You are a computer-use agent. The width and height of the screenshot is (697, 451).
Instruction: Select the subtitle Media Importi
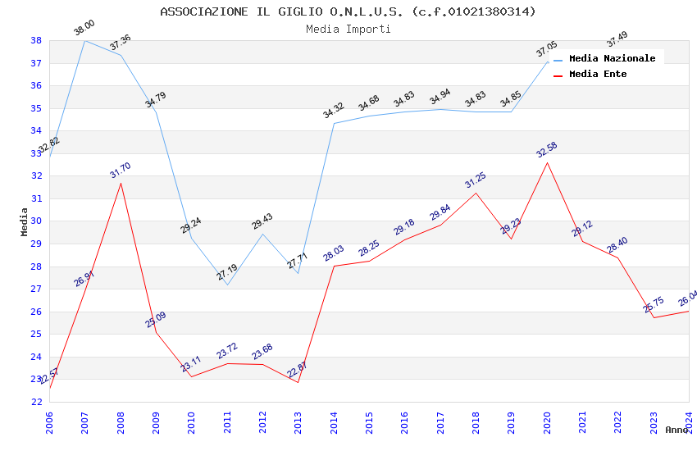[348, 30]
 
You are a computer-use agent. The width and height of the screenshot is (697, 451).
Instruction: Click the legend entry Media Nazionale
[612, 59]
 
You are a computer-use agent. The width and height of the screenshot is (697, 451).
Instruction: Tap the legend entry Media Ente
[598, 75]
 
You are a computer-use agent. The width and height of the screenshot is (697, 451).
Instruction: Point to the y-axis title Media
[25, 221]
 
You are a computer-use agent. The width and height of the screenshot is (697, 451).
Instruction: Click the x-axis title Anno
[676, 430]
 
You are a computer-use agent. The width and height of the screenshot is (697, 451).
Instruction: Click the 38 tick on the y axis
[36, 40]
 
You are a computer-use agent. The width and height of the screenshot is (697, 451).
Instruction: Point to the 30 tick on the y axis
[36, 221]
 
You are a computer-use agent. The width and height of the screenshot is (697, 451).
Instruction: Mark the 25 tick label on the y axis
[36, 335]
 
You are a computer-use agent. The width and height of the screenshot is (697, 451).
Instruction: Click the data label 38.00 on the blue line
[84, 29]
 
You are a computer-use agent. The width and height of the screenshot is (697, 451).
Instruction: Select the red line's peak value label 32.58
[546, 149]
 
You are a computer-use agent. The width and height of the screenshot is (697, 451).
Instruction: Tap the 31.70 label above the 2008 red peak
[120, 171]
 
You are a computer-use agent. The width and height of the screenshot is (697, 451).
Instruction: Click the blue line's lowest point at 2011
[227, 285]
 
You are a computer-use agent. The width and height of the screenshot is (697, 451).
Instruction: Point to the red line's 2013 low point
[298, 382]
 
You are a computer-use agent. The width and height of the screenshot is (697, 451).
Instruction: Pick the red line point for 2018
[476, 193]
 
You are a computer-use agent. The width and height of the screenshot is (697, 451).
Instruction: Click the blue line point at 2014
[334, 123]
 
